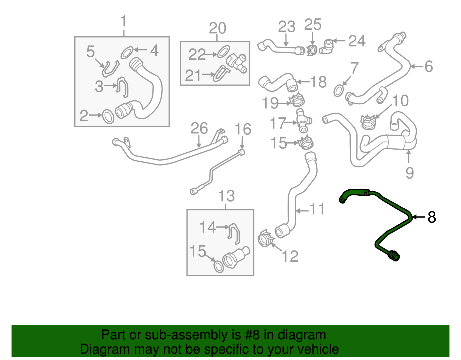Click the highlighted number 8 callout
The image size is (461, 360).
click(431, 217)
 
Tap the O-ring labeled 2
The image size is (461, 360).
click(108, 116)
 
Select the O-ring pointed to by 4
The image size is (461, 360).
click(127, 52)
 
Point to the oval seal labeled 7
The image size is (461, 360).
click(339, 91)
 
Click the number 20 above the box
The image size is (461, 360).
click(217, 28)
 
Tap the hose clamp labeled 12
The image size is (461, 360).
click(265, 239)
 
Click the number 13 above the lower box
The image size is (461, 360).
click(226, 196)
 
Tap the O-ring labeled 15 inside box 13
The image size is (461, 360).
click(218, 267)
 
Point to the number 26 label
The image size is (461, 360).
click(199, 129)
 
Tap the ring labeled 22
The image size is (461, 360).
click(223, 52)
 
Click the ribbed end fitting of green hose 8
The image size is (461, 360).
click(394, 256)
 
